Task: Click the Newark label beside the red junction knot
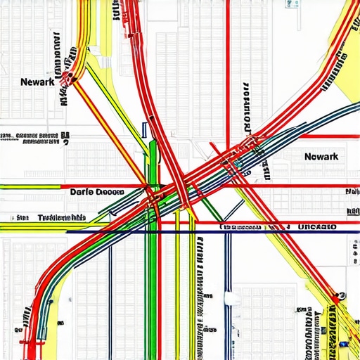click(x=38, y=82)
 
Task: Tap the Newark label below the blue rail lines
click(x=322, y=156)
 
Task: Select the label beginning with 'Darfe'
click(x=97, y=191)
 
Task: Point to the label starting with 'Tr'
click(x=62, y=217)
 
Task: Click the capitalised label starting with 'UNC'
click(x=317, y=226)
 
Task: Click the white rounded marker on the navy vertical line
click(x=227, y=299)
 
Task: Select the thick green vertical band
click(x=152, y=281)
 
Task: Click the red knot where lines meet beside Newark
click(x=69, y=77)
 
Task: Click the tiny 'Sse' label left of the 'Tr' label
click(x=22, y=217)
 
